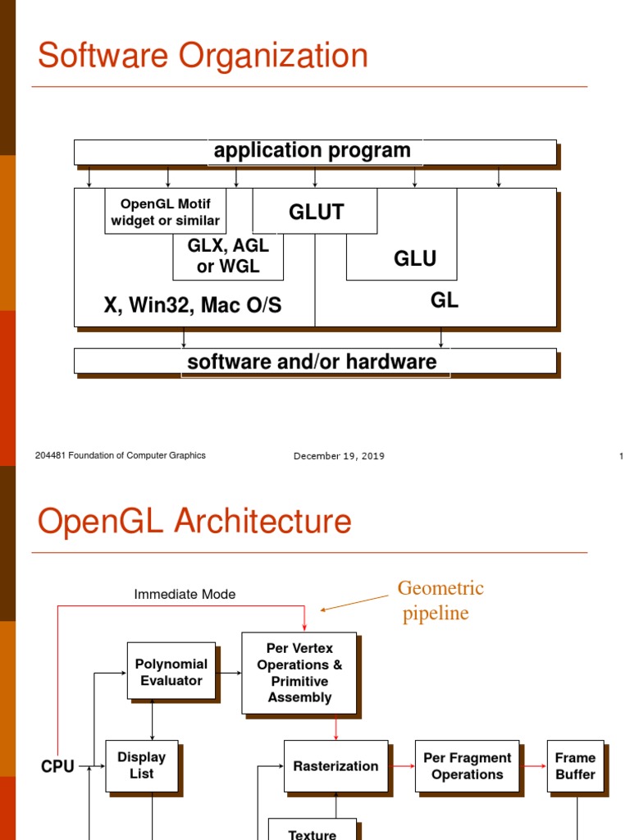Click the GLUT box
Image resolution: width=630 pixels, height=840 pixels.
(315, 212)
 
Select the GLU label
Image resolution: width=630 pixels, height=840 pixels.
(414, 259)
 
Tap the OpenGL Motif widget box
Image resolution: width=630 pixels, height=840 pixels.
(165, 212)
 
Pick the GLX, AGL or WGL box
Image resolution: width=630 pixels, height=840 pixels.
(227, 256)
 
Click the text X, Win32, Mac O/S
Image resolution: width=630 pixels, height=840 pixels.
(192, 306)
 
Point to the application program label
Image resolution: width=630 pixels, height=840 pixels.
(312, 151)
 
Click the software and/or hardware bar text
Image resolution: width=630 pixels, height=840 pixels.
(312, 362)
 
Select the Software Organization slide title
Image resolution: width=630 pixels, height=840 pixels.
(203, 56)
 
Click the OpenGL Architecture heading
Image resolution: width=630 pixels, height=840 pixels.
(194, 522)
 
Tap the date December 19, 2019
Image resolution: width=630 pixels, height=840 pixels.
(339, 456)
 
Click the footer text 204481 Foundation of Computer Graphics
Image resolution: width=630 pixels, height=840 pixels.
(121, 455)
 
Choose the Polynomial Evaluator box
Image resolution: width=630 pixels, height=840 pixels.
(171, 671)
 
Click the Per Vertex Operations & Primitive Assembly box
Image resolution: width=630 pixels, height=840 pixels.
(299, 673)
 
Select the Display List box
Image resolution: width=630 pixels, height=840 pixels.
(141, 765)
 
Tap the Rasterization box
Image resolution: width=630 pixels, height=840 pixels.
(336, 766)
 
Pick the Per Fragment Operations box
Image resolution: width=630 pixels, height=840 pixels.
(467, 766)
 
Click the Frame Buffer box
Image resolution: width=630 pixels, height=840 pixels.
(575, 766)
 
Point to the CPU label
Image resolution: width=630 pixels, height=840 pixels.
(57, 766)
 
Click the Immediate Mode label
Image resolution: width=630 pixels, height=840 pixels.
(185, 594)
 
